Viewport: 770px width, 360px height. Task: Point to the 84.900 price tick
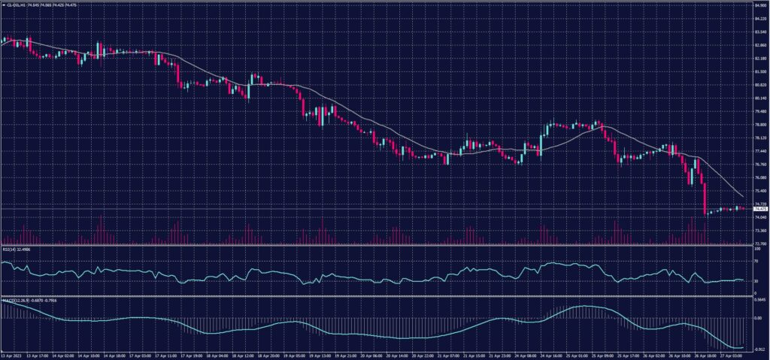pos(759,5)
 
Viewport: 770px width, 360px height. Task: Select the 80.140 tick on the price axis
pos(759,98)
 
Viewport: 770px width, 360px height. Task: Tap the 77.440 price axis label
pos(759,151)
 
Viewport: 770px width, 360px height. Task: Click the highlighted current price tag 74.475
pos(759,209)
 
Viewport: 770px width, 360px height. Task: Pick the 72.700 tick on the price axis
pos(759,244)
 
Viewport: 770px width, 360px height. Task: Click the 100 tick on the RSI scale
pos(756,248)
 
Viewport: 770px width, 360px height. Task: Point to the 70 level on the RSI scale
pos(756,262)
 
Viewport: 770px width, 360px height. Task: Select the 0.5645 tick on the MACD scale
pos(759,298)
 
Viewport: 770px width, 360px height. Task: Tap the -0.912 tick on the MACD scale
pos(759,349)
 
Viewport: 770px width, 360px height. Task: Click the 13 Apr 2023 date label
pos(11,355)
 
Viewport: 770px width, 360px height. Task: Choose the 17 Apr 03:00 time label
pos(141,355)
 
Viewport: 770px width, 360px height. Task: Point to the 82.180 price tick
pos(759,59)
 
